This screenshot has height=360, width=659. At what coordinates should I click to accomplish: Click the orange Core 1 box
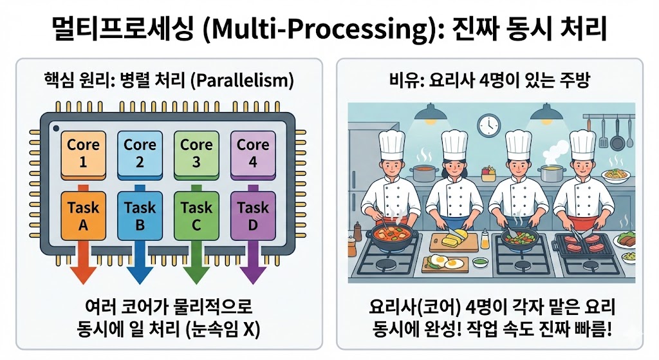coord(83,154)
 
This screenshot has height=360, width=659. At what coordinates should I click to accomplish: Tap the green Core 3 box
coord(196,154)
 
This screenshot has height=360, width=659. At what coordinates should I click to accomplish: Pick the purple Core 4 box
coord(252,154)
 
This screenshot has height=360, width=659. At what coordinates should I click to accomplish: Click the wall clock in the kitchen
coord(489,124)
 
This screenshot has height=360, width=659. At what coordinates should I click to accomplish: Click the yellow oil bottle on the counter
coord(484,239)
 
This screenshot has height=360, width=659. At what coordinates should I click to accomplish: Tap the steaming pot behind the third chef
coord(553,173)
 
